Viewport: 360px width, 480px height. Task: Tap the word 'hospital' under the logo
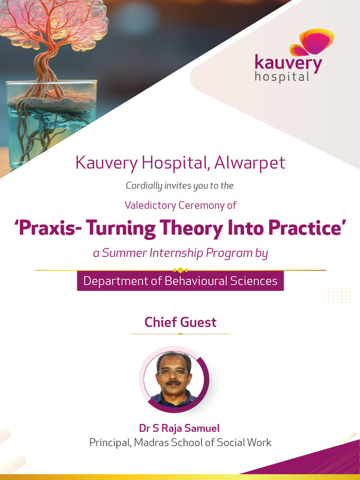point(282,76)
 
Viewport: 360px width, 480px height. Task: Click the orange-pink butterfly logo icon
point(312,42)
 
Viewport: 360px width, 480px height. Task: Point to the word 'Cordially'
point(143,186)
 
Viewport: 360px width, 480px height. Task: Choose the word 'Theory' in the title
point(191,229)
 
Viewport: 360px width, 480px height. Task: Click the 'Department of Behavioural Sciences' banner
point(180,281)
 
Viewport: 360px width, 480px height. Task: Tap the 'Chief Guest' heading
point(180,322)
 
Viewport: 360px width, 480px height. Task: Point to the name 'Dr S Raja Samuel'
point(179,428)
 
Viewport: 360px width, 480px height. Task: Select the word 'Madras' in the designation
point(150,442)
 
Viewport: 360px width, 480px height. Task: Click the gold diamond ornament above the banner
point(180,270)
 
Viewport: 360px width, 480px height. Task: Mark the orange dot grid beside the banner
point(337,295)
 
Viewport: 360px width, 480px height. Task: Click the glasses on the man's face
point(173,372)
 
